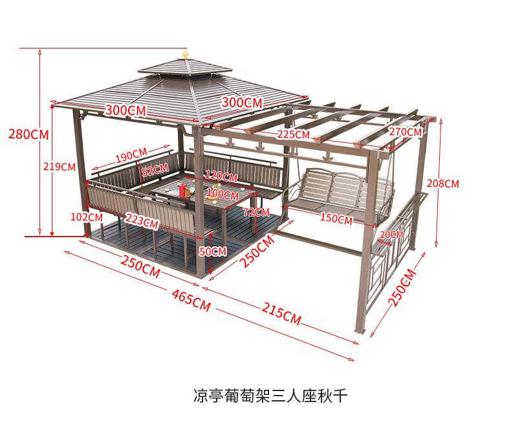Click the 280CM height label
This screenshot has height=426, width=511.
pyautogui.click(x=28, y=134)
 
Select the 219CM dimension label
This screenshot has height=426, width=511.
pyautogui.click(x=59, y=166)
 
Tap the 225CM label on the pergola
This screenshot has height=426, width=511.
pyautogui.click(x=292, y=134)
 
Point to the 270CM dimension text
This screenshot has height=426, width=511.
pyautogui.click(x=405, y=132)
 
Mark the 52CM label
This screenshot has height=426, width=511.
pyautogui.click(x=155, y=171)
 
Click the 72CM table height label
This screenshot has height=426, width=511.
pyautogui.click(x=256, y=212)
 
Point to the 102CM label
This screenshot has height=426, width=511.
pyautogui.click(x=86, y=217)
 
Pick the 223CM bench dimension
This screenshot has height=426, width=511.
pyautogui.click(x=142, y=220)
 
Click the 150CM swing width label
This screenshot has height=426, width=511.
pyautogui.click(x=336, y=219)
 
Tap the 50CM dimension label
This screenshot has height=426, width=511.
pyautogui.click(x=213, y=251)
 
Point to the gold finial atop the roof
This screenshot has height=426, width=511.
pyautogui.click(x=186, y=54)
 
